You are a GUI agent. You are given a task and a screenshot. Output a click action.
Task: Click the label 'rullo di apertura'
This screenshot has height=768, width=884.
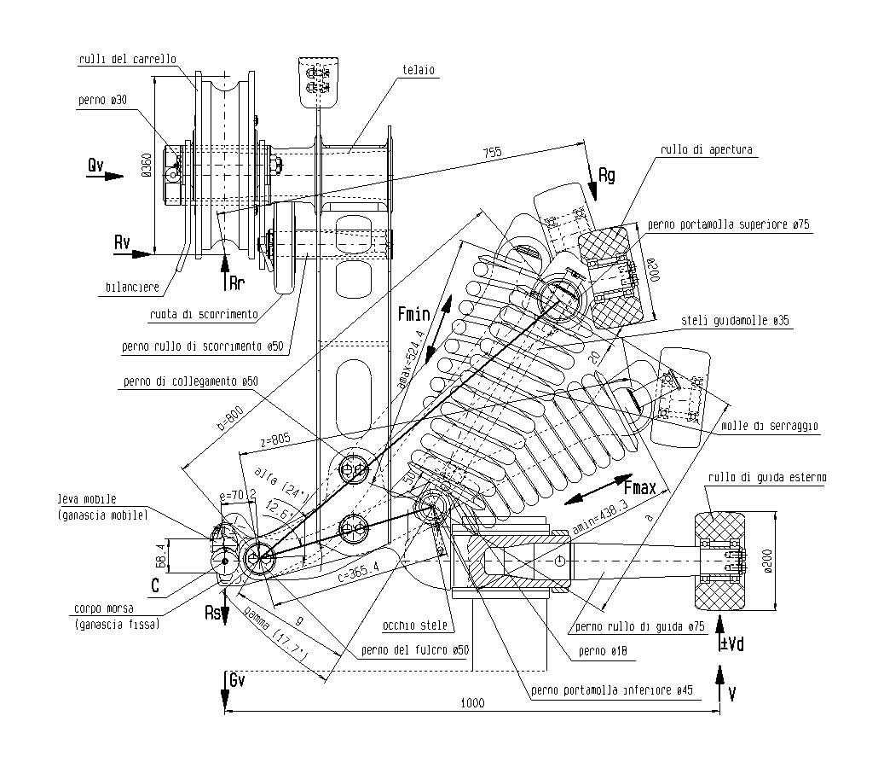coord(706,149)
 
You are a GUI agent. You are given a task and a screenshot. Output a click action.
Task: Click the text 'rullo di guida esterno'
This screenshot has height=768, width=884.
coord(766,477)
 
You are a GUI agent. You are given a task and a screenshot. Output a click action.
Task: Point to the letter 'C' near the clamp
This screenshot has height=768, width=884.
coord(155,585)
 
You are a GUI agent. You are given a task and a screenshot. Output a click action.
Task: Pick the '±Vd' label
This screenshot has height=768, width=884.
coord(732,643)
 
